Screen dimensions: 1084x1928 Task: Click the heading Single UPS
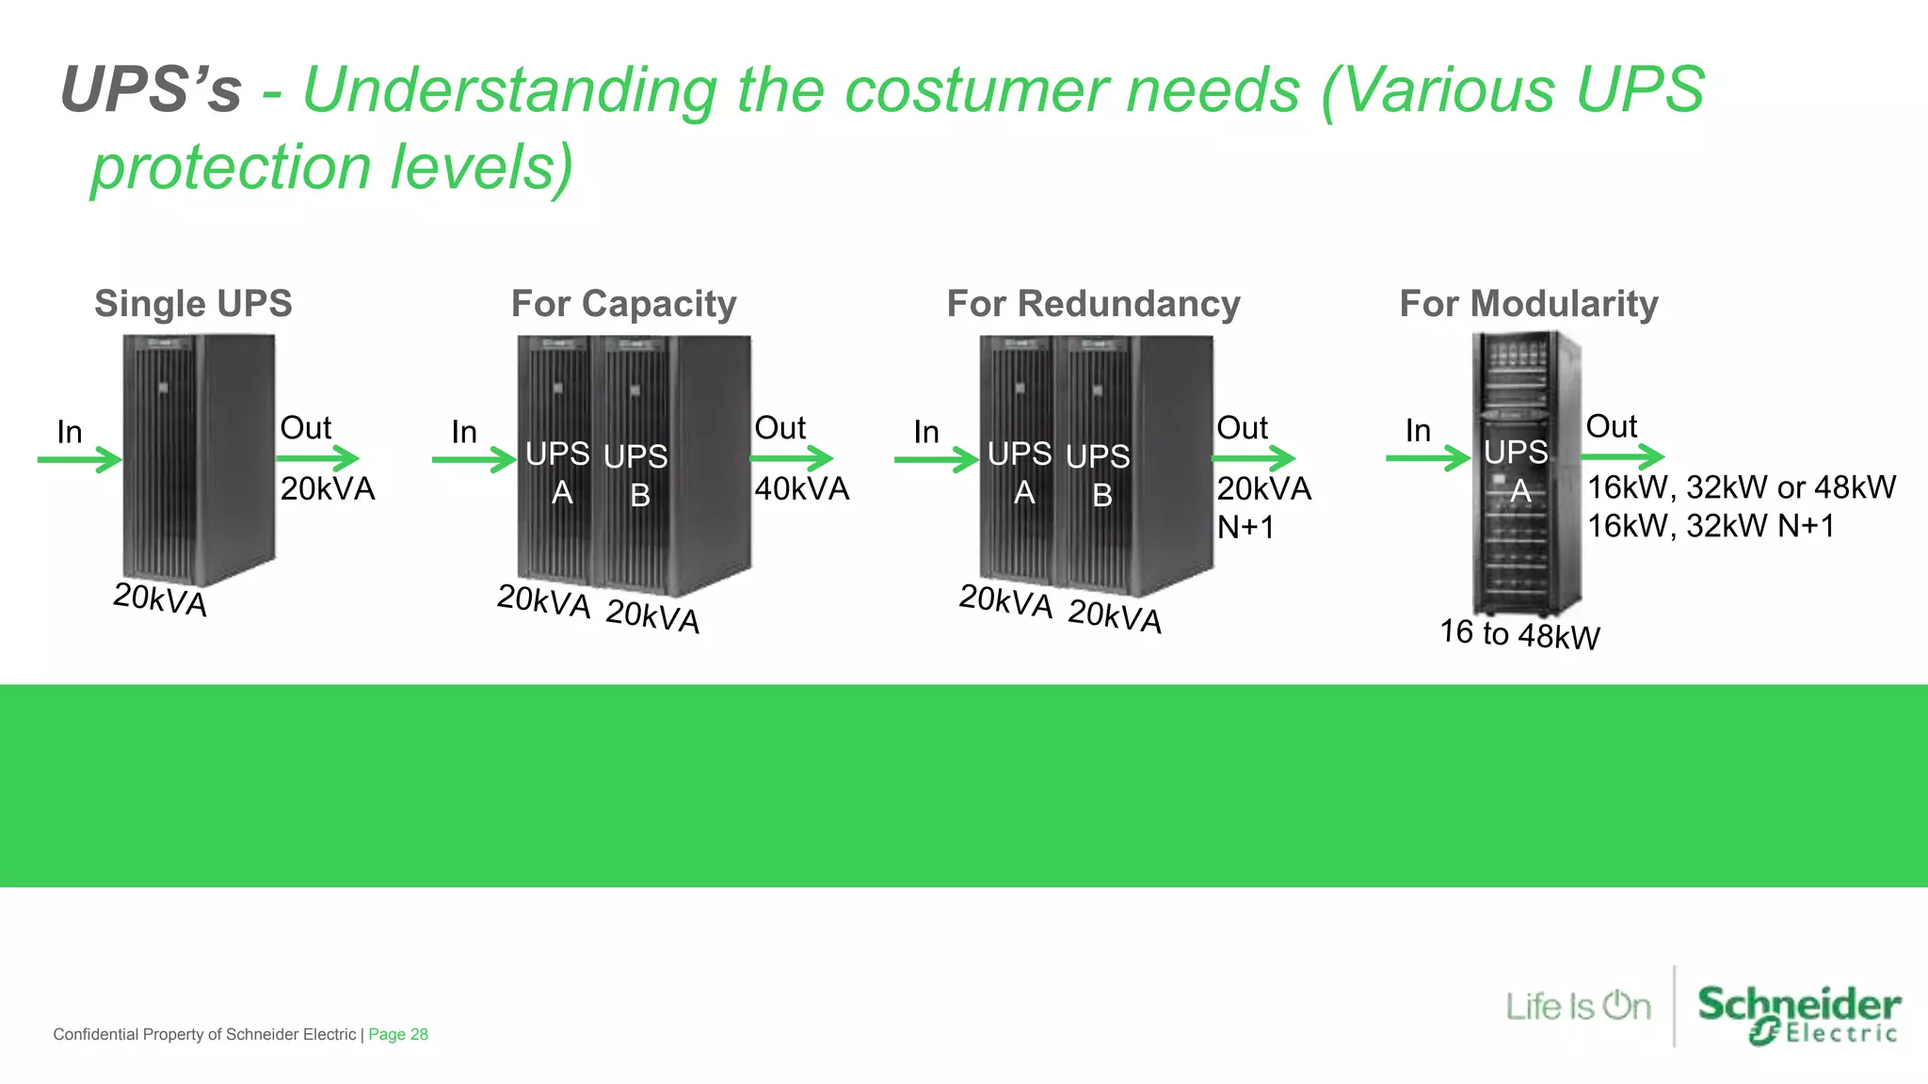coord(193,304)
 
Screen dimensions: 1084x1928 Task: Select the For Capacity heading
coord(623,304)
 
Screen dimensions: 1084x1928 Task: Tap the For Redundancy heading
coord(1093,304)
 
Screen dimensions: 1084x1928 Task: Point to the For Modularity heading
coord(1528,304)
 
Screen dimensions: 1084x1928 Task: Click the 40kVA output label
coord(801,489)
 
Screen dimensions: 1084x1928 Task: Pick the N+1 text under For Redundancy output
coord(1245,528)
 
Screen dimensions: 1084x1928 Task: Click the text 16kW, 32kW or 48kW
coord(1741,487)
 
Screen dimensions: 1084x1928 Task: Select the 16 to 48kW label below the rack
coord(1519,634)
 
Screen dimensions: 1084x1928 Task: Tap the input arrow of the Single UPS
coord(80,459)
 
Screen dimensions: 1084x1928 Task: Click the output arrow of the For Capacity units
coord(792,459)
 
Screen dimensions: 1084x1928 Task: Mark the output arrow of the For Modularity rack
coord(1623,457)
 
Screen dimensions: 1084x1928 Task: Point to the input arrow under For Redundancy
coord(937,459)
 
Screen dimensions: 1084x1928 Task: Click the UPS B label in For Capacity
coord(636,475)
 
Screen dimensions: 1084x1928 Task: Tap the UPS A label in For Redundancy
coord(1020,473)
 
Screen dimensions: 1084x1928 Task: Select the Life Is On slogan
coord(1578,1007)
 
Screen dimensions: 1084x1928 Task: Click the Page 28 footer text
coord(397,1034)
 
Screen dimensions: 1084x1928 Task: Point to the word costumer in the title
coord(977,90)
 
